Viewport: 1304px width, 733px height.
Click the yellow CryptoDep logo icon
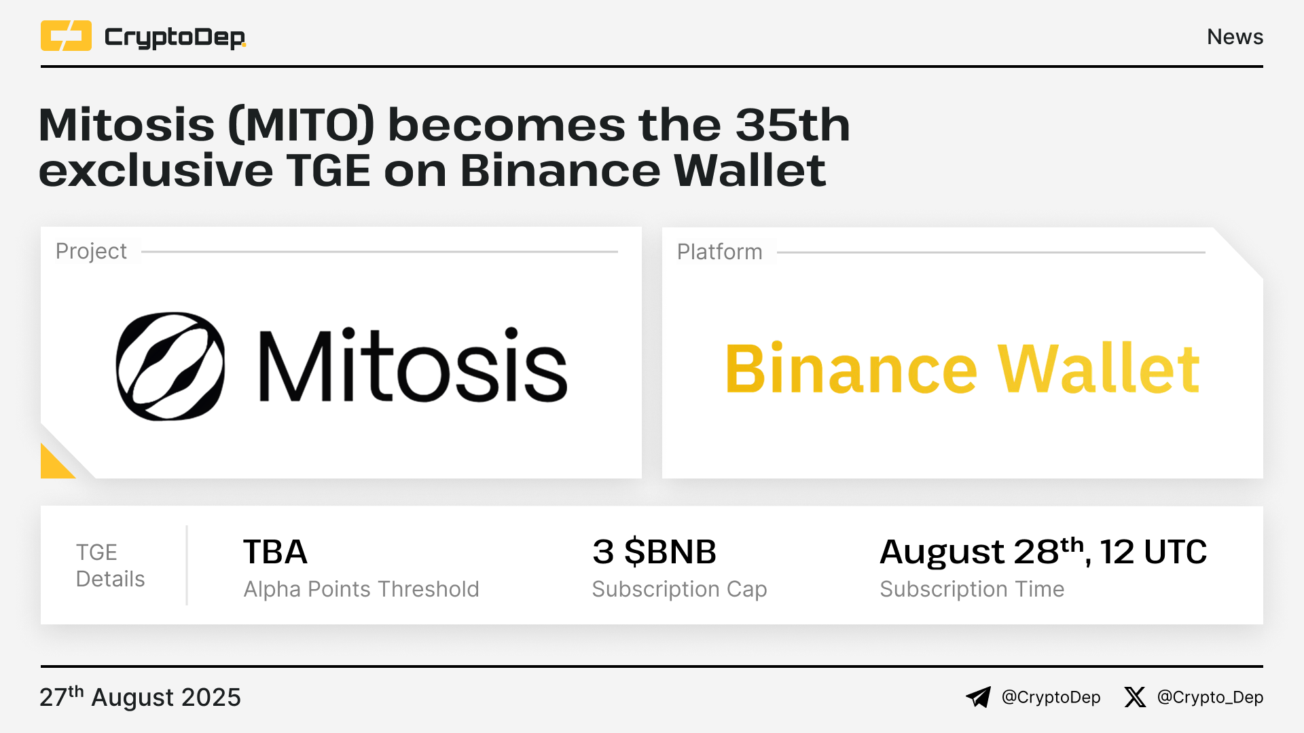(66, 36)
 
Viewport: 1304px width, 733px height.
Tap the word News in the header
(1235, 37)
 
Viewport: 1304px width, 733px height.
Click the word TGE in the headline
(328, 170)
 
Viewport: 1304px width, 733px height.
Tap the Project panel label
(91, 251)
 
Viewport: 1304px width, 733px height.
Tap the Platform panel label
(719, 252)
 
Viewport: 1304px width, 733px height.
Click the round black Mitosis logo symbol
(170, 366)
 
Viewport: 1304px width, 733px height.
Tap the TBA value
(275, 552)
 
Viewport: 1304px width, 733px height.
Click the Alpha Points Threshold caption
(361, 589)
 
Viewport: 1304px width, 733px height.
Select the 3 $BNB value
(654, 552)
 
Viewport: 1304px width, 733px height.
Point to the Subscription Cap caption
(679, 589)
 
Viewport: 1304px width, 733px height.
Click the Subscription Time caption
(972, 589)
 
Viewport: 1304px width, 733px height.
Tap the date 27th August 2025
(140, 697)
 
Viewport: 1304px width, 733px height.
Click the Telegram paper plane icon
(979, 697)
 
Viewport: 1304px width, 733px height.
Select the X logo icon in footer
(1135, 697)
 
